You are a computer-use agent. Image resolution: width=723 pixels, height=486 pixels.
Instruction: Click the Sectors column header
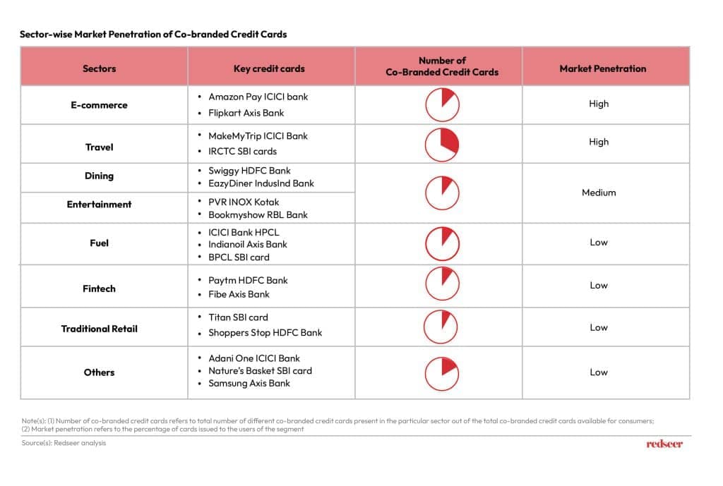point(99,68)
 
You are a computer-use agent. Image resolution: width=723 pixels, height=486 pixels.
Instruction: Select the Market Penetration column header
point(602,68)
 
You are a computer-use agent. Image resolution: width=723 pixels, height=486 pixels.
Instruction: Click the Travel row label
point(99,147)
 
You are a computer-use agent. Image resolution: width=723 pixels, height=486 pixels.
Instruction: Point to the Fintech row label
point(99,288)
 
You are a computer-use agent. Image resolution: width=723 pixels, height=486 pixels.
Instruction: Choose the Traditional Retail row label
point(99,329)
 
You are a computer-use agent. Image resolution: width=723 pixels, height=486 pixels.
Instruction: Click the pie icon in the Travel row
point(441,145)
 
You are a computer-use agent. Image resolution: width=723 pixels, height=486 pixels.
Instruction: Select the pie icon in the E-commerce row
point(441,105)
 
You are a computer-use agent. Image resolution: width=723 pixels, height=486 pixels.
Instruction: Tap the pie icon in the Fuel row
point(441,243)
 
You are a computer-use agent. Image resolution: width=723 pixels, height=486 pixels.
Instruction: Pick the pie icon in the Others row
point(441,372)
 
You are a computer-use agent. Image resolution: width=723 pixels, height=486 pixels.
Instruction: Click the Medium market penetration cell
point(599,193)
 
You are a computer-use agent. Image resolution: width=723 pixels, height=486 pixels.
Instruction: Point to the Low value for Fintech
point(599,286)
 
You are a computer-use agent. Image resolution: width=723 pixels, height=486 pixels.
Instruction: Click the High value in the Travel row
point(599,142)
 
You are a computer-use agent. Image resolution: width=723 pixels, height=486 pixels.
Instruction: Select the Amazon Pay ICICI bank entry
point(258,97)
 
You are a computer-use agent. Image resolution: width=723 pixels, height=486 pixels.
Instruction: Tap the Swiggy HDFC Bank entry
point(249,171)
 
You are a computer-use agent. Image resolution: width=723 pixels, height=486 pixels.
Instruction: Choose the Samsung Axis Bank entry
point(249,383)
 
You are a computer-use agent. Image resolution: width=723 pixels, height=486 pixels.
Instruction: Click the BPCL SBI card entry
point(239,257)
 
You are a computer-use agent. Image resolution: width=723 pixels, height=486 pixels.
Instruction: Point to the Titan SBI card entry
point(238,317)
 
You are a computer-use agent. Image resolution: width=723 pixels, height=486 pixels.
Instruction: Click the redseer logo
point(664,444)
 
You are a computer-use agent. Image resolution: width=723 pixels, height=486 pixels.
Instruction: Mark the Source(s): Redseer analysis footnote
point(64,443)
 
